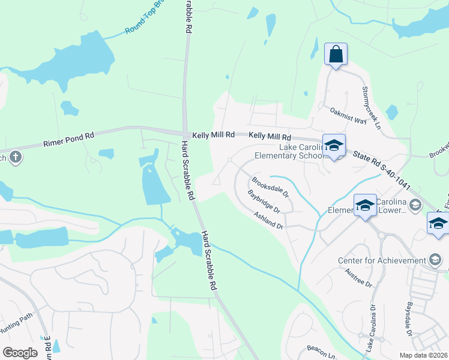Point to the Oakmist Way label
(x=348, y=115)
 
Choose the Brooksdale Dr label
(x=270, y=187)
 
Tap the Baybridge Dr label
(x=264, y=202)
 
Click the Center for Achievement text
(x=382, y=260)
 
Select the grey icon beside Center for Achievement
(x=436, y=260)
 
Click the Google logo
(x=20, y=353)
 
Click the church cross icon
(x=16, y=158)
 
